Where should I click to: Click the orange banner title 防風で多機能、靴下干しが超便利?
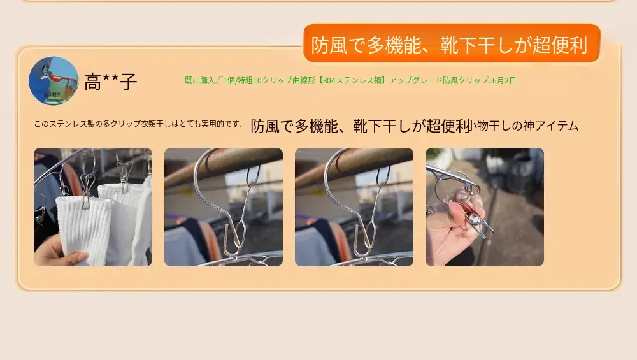[x=449, y=45]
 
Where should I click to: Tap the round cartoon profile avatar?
[x=54, y=81]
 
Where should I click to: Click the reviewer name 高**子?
[x=110, y=82]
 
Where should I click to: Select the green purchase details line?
[x=350, y=80]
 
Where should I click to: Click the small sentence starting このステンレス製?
[x=138, y=124]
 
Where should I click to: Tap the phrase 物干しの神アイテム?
[x=526, y=126]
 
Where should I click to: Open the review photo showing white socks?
[x=93, y=207]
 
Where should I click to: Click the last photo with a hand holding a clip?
[x=484, y=207]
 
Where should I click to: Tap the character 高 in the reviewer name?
[x=92, y=82]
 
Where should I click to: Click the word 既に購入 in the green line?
[x=200, y=80]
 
